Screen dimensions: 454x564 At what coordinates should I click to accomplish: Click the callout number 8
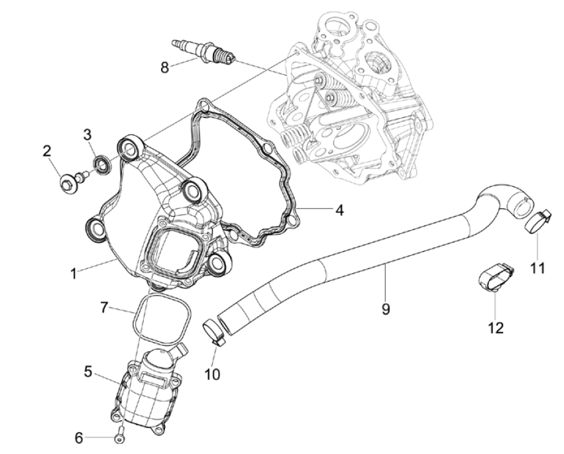pos(165,66)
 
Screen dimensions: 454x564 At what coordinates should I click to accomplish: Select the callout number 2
pos(47,150)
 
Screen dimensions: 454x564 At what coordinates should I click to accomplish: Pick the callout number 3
pos(87,135)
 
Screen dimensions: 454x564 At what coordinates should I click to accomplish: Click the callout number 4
pos(339,210)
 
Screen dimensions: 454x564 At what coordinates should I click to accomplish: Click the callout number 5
pos(88,372)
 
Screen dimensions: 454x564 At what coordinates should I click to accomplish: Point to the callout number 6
pos(79,437)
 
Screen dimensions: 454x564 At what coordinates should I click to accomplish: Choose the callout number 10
pos(212,374)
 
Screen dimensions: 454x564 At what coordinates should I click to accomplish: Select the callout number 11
pos(537,268)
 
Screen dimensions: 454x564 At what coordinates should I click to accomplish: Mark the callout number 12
pos(495,327)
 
